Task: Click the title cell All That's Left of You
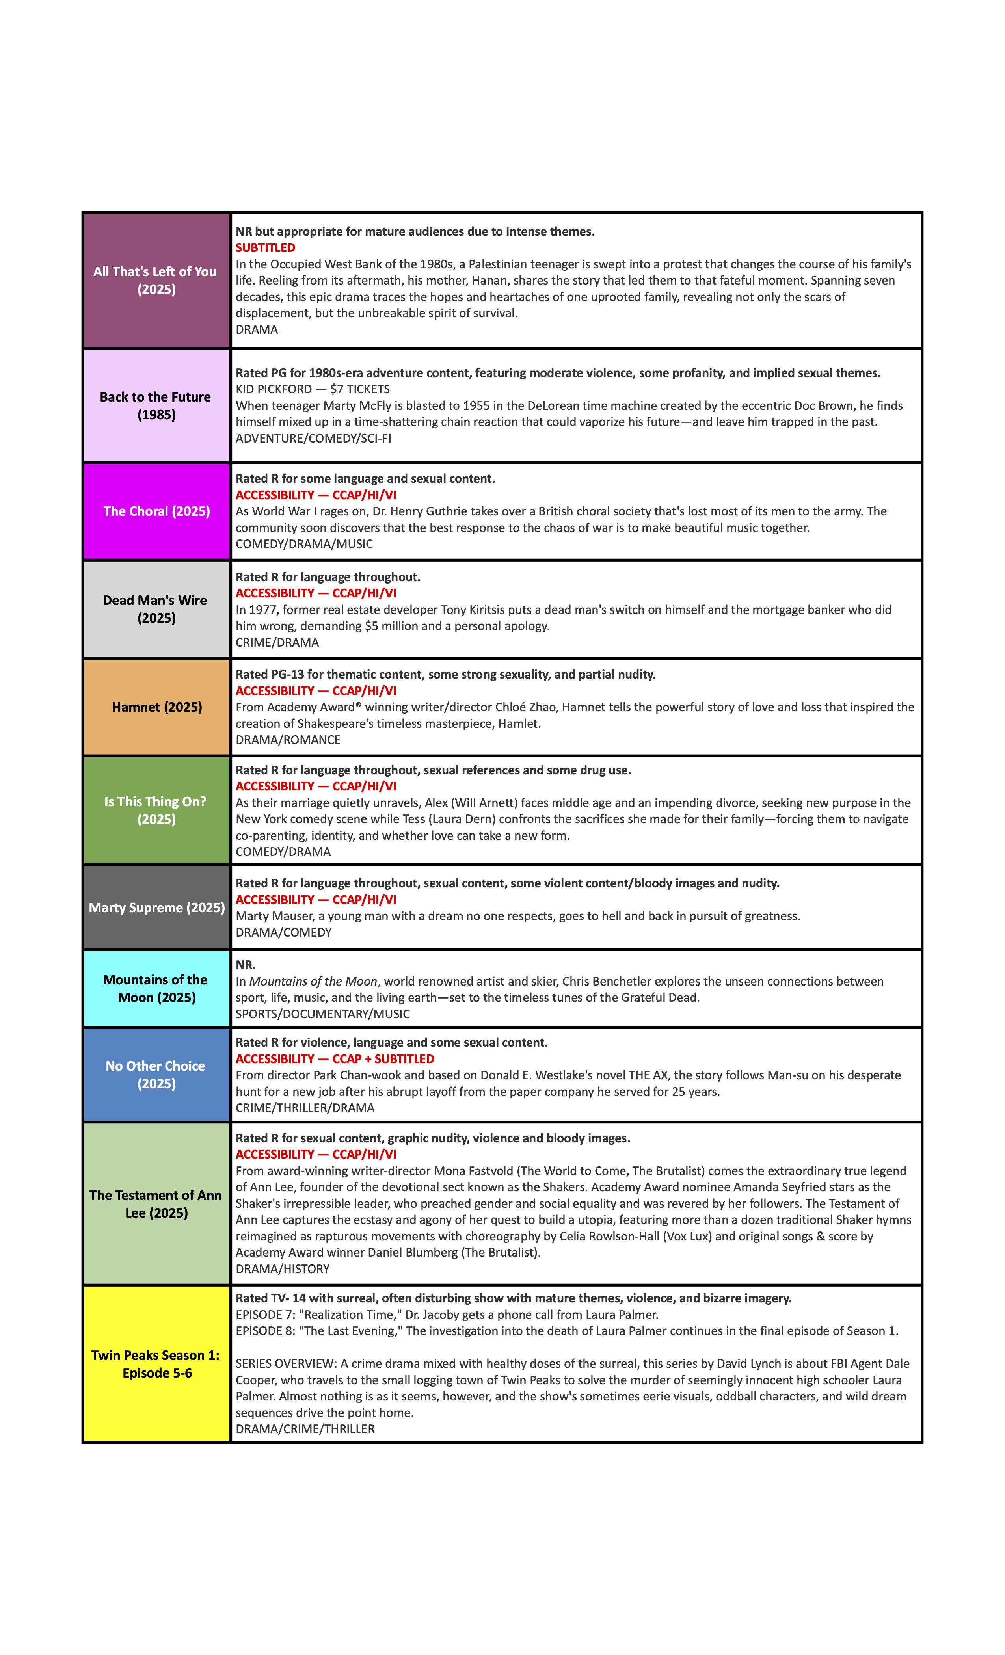[156, 280]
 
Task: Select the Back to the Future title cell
[156, 406]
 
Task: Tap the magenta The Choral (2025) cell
[156, 511]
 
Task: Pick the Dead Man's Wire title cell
[156, 609]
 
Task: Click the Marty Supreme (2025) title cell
[156, 907]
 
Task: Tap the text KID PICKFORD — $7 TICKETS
[313, 389]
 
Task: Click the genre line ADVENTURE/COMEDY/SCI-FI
[313, 438]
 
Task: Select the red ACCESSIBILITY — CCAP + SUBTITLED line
[335, 1058]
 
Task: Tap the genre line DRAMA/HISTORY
[282, 1269]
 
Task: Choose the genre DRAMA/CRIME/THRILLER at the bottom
[305, 1429]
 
